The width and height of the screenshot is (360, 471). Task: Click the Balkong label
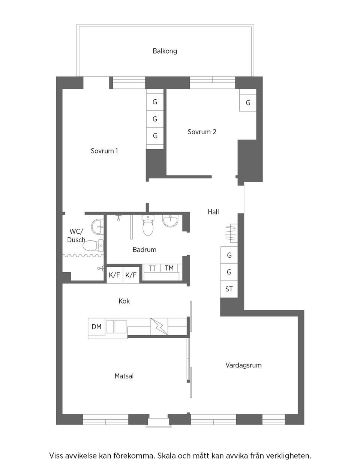(165, 51)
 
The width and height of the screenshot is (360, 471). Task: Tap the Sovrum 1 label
(104, 151)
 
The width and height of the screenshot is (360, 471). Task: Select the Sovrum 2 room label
(202, 132)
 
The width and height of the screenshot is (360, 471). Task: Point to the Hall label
(213, 212)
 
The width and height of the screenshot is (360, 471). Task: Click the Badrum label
(144, 249)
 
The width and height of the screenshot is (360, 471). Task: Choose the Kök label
(124, 301)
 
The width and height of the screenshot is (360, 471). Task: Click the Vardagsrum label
(243, 365)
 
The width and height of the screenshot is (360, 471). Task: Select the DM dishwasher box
(96, 327)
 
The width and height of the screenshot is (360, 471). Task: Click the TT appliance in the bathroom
(152, 268)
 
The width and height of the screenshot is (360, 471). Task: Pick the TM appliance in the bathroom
(169, 268)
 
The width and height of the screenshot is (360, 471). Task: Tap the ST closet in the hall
(229, 289)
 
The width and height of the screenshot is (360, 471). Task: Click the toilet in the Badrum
(148, 225)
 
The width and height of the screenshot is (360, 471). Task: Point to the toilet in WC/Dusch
(93, 246)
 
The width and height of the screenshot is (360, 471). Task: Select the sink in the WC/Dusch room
(97, 226)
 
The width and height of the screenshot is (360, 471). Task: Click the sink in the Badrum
(170, 221)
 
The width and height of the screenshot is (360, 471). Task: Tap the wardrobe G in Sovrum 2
(248, 103)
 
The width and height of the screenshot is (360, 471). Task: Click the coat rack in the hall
(231, 233)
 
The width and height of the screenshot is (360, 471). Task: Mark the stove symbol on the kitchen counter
(159, 327)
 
